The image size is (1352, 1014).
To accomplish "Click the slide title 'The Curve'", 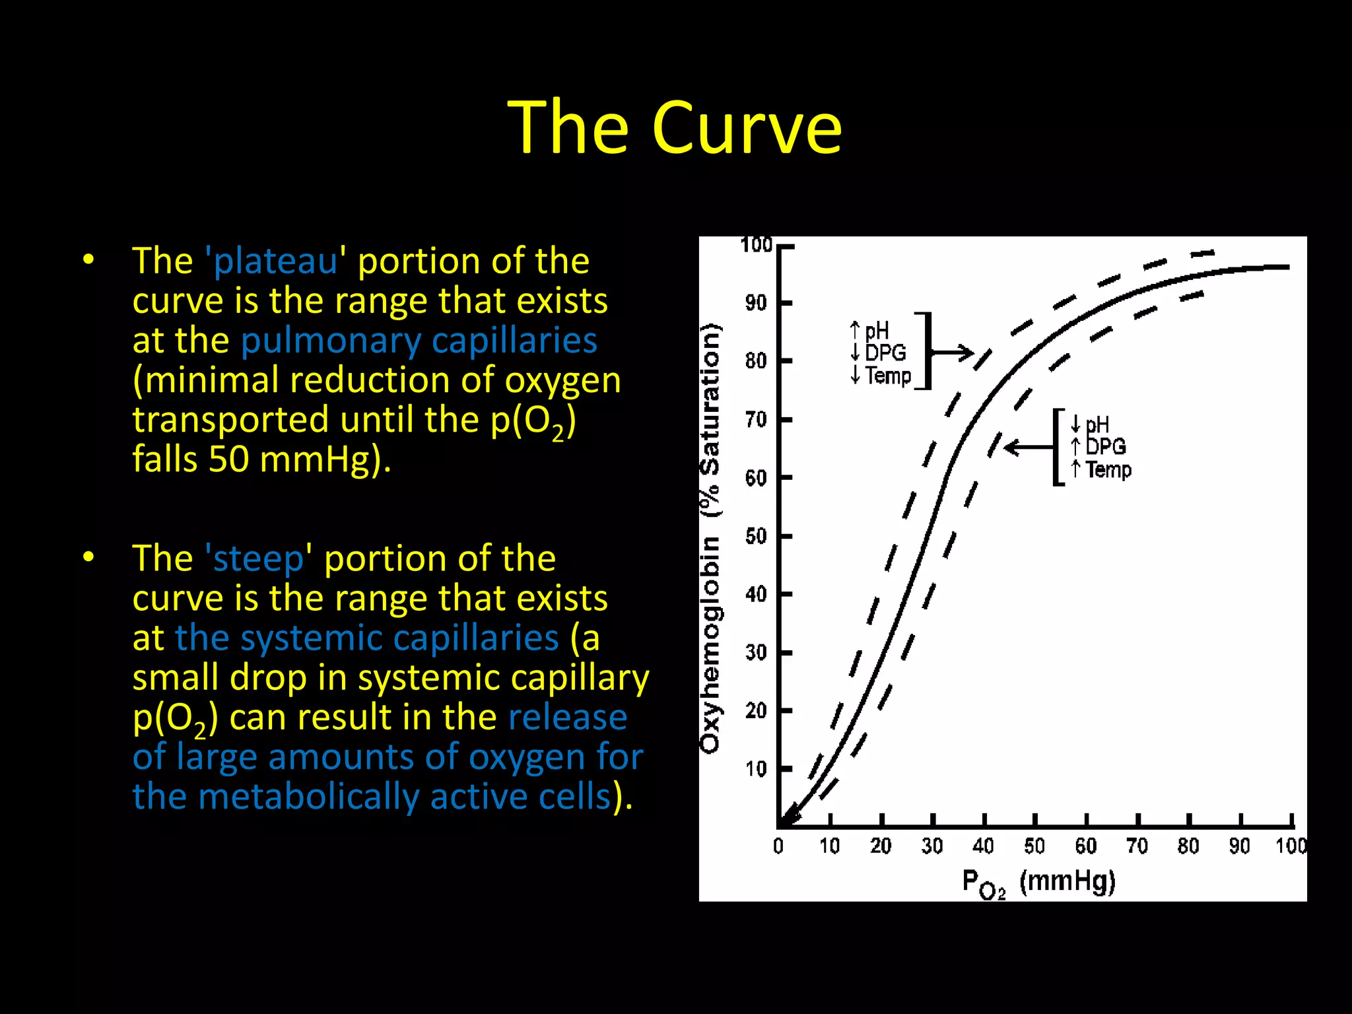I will click(675, 127).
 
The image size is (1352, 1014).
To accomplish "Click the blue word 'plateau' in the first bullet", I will click(275, 261).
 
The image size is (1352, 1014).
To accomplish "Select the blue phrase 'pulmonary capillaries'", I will click(419, 341).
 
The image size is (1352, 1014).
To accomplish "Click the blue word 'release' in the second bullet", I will click(568, 717).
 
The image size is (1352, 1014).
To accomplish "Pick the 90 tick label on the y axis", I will click(757, 303).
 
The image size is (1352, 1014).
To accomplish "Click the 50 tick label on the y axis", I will click(757, 536).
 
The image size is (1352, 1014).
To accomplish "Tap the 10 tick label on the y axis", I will click(757, 769).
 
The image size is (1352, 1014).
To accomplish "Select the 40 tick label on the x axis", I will click(983, 846).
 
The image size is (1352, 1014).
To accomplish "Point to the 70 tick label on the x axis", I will click(1137, 846).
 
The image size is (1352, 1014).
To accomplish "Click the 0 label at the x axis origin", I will click(778, 846).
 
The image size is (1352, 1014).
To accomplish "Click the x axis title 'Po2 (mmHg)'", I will click(1038, 883).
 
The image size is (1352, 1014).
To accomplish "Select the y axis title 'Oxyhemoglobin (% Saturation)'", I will click(710, 538).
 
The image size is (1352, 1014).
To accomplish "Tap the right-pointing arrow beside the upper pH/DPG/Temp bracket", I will click(954, 352).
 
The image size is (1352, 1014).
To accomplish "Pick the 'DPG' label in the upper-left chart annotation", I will click(885, 353).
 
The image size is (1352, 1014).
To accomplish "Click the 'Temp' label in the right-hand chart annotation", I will click(1108, 470).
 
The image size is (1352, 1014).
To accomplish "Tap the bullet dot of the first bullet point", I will click(89, 260).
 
